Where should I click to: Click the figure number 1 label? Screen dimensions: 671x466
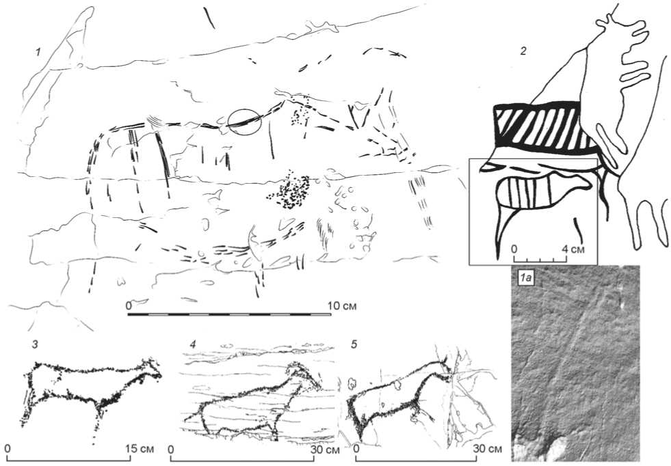pyautogui.click(x=38, y=52)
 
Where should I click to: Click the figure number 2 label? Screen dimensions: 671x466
pyautogui.click(x=523, y=51)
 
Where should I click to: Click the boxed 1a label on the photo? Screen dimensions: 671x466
pyautogui.click(x=525, y=278)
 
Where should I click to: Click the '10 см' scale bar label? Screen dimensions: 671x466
pyautogui.click(x=342, y=305)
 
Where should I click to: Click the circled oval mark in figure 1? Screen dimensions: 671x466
pyautogui.click(x=244, y=122)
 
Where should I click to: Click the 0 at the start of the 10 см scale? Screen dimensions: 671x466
pyautogui.click(x=129, y=305)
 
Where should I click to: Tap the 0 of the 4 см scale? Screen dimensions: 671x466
pyautogui.click(x=515, y=249)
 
